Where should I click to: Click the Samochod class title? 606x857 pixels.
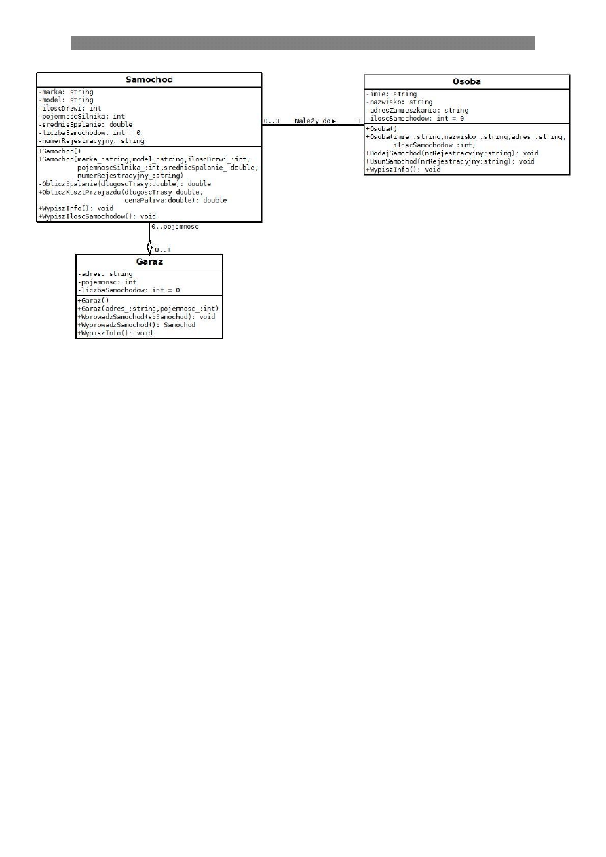[149, 79]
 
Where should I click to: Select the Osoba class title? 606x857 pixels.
[467, 81]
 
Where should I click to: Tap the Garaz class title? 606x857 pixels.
[149, 261]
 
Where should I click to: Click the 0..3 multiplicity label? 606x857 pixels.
[271, 121]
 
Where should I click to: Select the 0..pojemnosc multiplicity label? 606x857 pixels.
[175, 227]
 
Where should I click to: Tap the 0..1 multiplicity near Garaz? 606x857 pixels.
[162, 250]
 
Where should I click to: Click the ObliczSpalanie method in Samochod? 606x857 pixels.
[124, 183]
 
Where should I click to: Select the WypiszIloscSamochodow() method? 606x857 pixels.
[97, 216]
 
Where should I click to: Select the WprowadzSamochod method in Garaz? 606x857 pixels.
[146, 317]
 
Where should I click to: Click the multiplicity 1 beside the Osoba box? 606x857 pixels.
[360, 121]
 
